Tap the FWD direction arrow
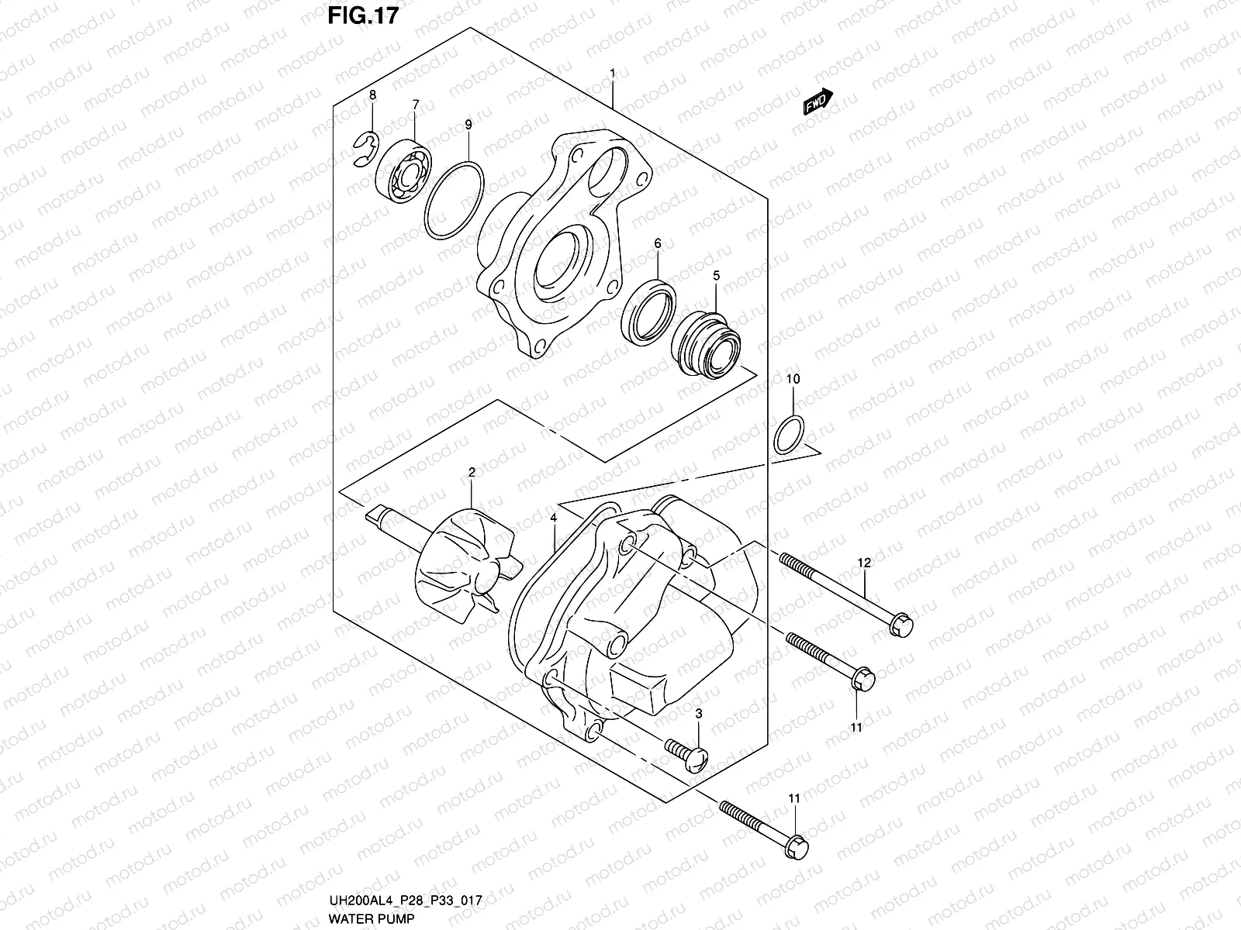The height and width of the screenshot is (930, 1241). pyautogui.click(x=818, y=102)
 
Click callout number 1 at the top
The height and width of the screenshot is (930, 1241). pyautogui.click(x=612, y=74)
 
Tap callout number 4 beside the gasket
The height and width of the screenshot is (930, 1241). pyautogui.click(x=554, y=517)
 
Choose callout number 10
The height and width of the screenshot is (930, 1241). pyautogui.click(x=793, y=379)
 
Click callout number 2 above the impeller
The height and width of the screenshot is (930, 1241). pyautogui.click(x=471, y=472)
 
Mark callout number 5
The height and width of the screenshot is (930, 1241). pyautogui.click(x=716, y=275)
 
